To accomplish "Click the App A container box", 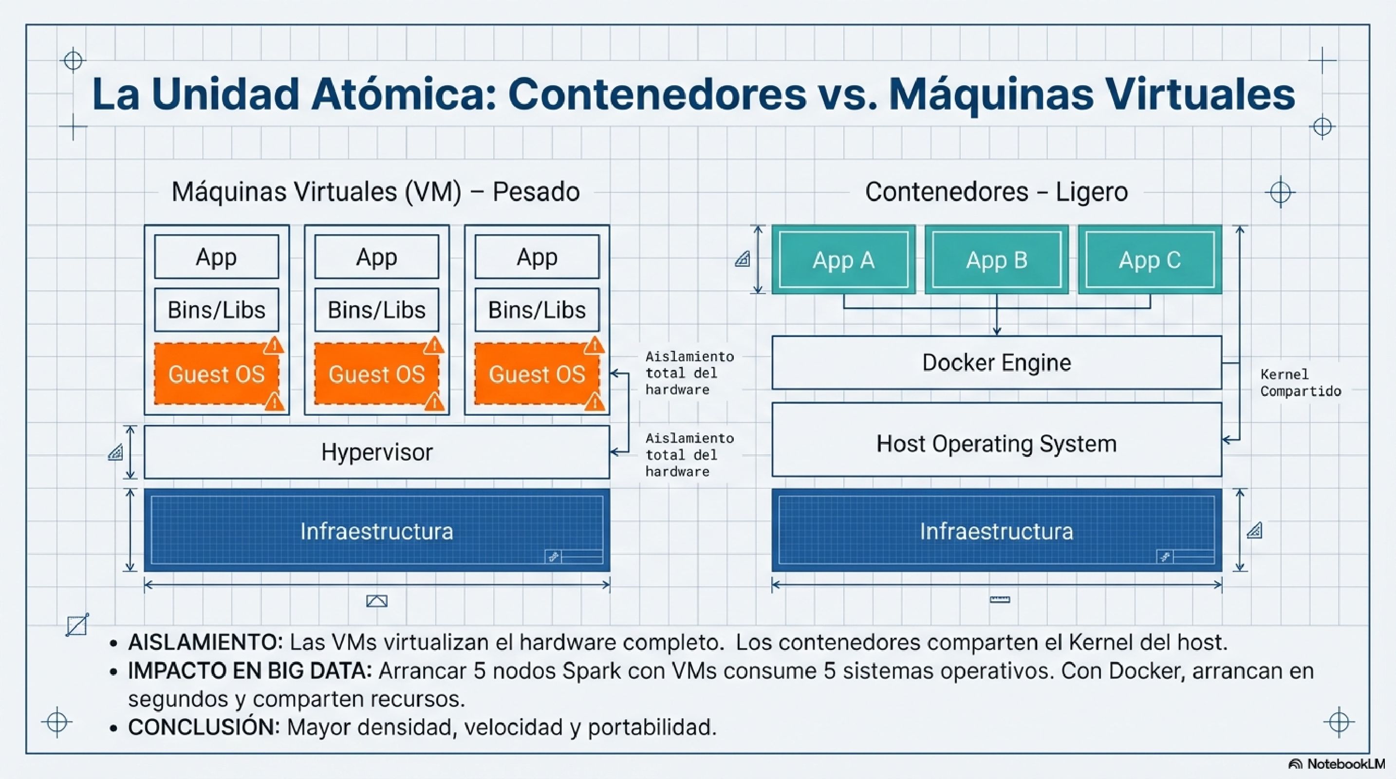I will click(x=843, y=260).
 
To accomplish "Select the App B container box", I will click(x=996, y=260).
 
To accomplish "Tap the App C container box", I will click(x=1150, y=260).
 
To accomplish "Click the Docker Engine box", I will click(x=996, y=362).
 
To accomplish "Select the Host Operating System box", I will click(x=996, y=444).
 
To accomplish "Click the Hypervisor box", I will click(x=377, y=452).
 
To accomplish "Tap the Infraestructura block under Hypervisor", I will click(x=377, y=531).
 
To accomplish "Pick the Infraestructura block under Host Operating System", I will click(x=996, y=531).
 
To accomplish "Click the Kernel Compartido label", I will click(x=1300, y=383).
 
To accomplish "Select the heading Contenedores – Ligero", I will click(x=996, y=192).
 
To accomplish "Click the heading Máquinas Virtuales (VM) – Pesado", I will click(x=375, y=192).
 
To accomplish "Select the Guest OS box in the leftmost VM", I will click(x=216, y=374).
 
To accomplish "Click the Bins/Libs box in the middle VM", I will click(x=377, y=310).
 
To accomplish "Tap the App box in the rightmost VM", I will click(x=537, y=257).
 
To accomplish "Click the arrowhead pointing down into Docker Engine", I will click(x=997, y=331).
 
